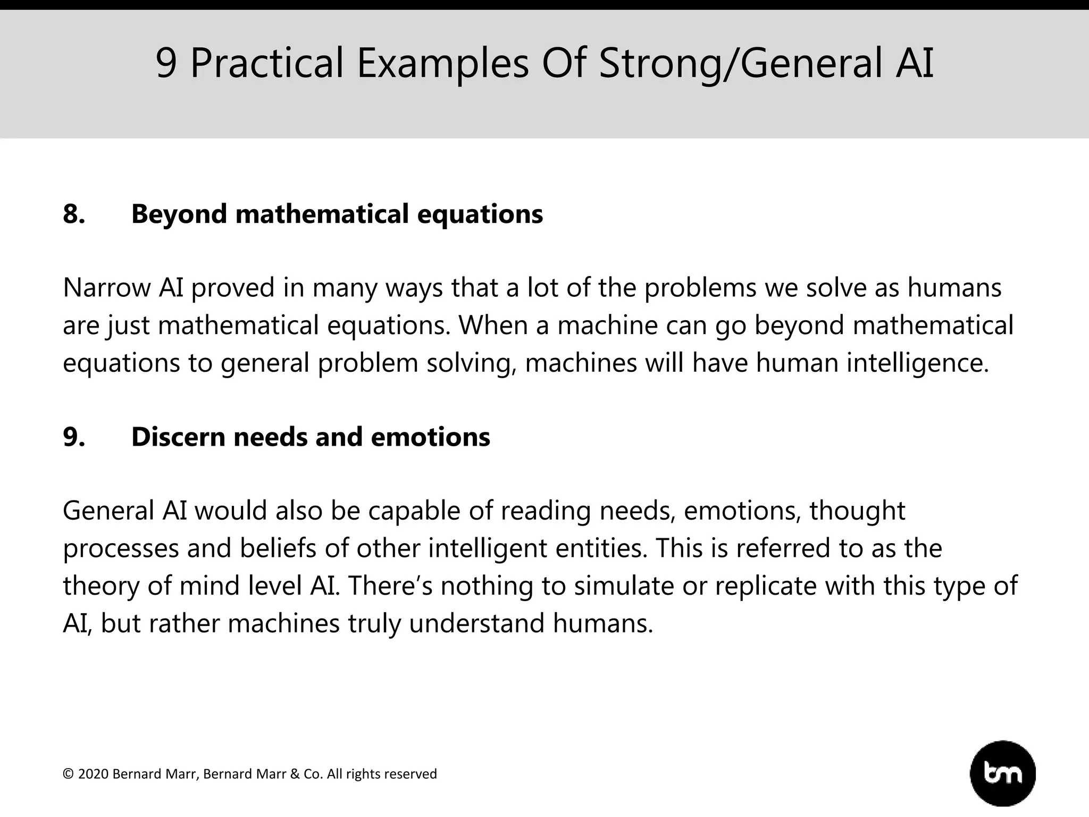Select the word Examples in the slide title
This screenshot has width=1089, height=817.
pyautogui.click(x=442, y=63)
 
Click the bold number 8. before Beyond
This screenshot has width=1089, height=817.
pyautogui.click(x=74, y=214)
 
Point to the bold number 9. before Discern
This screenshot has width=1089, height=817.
pyautogui.click(x=74, y=437)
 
